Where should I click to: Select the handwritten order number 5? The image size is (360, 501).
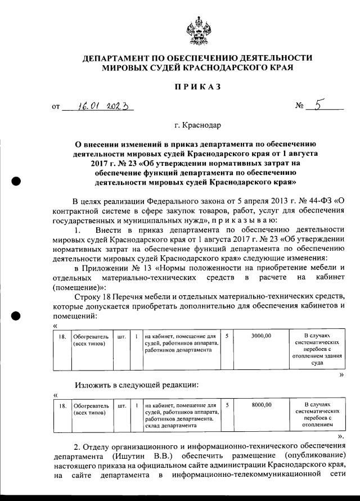click(x=320, y=105)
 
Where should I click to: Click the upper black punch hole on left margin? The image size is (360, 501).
click(x=16, y=181)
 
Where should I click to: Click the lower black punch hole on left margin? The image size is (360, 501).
click(x=16, y=315)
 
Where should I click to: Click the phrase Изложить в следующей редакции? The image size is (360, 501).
click(x=135, y=385)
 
